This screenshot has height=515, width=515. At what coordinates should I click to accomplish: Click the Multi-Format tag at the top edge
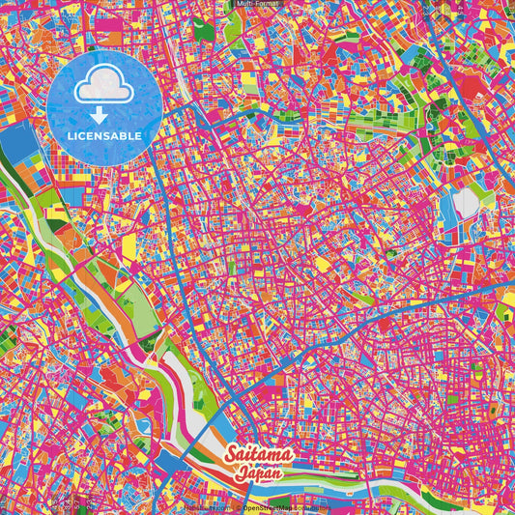click(x=257, y=5)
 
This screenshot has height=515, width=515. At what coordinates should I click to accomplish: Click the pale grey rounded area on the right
click(x=466, y=202)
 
